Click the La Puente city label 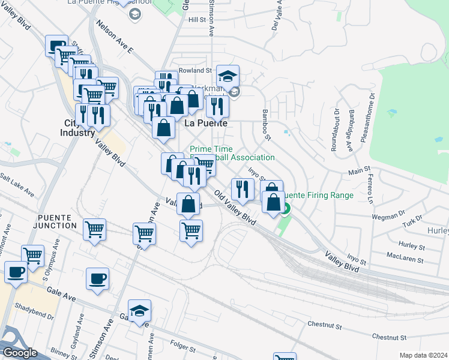206,123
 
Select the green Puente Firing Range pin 286,209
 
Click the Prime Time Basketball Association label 232,153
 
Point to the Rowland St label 191,70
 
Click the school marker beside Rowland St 228,77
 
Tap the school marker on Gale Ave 139,311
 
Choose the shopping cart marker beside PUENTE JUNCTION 95,229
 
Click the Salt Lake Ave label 17,184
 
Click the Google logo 20,353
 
